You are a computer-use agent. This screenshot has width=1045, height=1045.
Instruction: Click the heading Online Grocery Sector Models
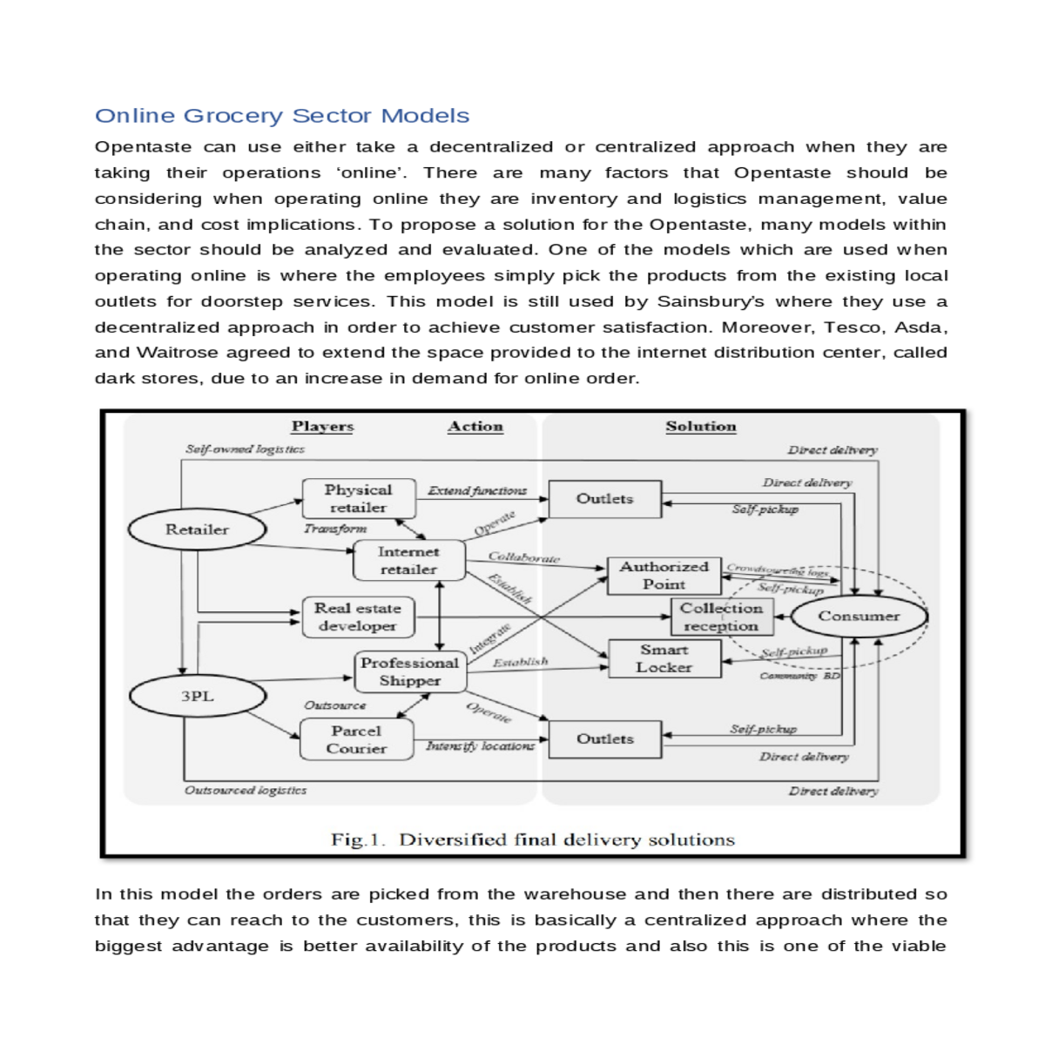281,116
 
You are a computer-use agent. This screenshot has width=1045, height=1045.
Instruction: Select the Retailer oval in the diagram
197,529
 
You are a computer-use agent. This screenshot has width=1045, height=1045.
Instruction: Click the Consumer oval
858,617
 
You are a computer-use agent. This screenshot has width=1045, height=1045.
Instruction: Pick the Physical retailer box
358,499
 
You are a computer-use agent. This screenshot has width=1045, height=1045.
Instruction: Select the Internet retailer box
408,561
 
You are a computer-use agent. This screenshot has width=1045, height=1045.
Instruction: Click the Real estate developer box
357,617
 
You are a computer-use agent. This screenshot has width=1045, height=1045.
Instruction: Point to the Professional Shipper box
409,671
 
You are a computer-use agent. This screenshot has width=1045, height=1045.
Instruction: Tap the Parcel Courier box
356,739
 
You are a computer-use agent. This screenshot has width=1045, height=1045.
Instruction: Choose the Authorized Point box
664,576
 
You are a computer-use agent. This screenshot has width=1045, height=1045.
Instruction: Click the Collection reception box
720,617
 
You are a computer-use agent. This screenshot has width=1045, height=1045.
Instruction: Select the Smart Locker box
664,659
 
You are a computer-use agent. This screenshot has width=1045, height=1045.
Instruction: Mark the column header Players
322,427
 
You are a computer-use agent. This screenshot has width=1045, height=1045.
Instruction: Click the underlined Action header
475,427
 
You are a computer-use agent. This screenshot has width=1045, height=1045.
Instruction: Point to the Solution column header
700,427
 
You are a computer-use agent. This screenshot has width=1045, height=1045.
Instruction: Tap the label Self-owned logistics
245,449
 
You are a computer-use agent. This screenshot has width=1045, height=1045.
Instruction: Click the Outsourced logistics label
245,791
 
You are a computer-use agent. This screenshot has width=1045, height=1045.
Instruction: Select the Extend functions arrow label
477,491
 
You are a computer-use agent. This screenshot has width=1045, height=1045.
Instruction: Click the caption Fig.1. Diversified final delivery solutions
532,840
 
